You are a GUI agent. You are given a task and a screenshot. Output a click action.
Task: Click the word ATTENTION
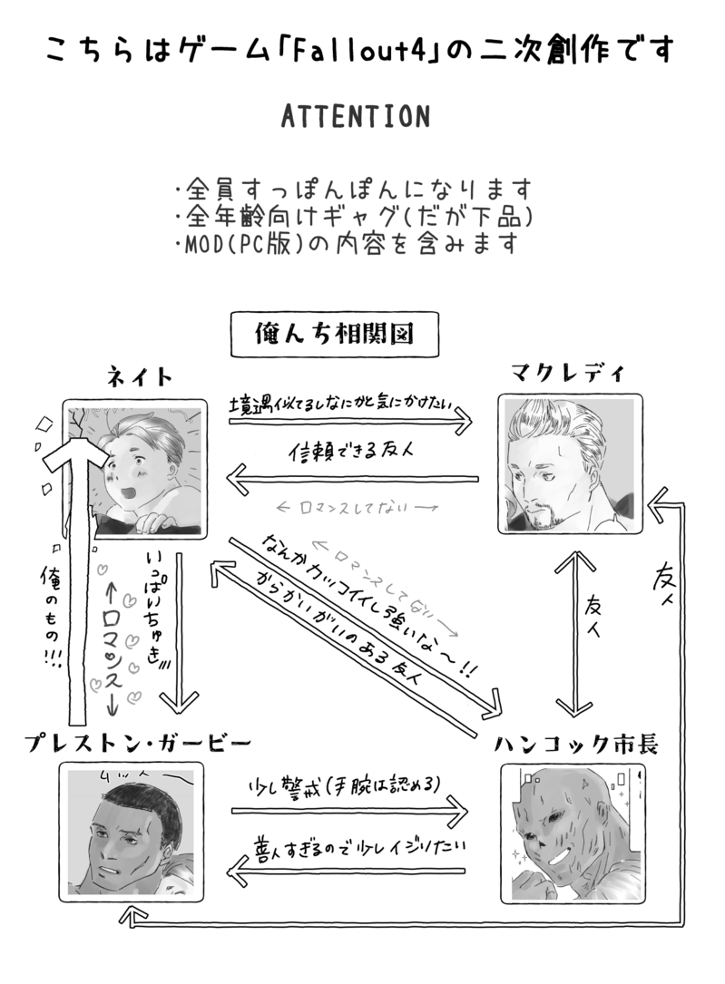(355, 117)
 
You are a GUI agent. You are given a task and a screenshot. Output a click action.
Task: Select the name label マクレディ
(568, 373)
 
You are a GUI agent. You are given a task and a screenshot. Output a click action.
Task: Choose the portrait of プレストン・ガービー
(127, 832)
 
